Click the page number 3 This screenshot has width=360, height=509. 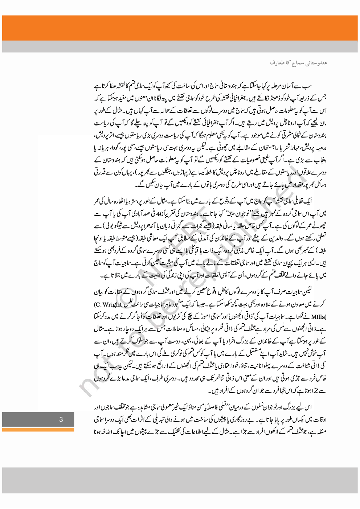click(x=61, y=419)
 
